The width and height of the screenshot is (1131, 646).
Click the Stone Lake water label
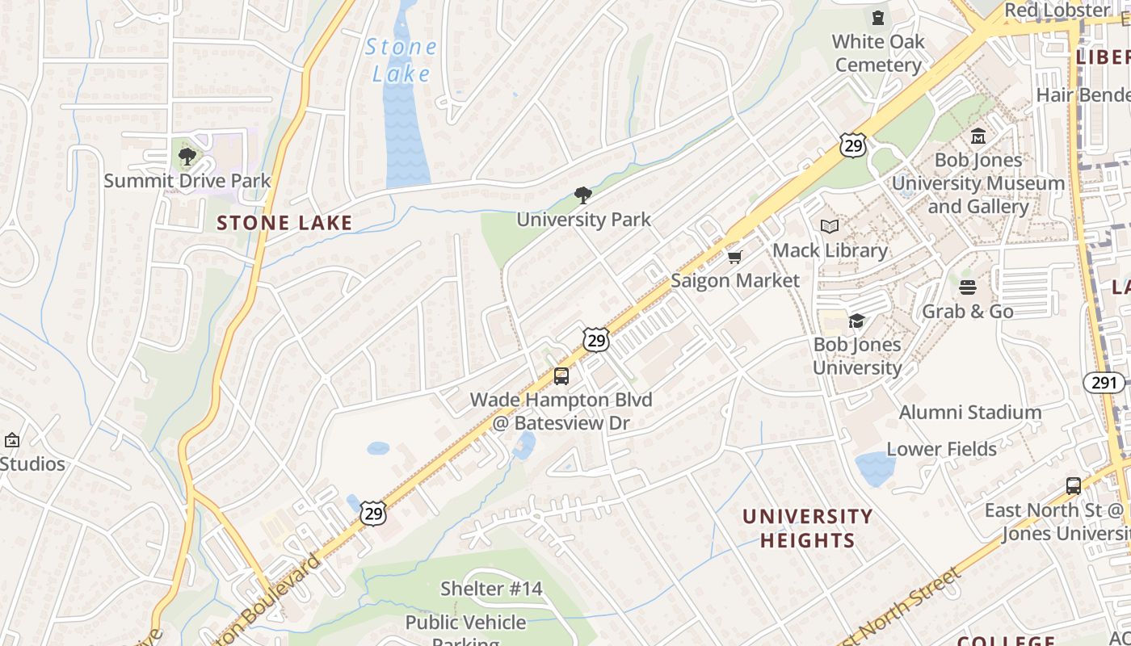(401, 61)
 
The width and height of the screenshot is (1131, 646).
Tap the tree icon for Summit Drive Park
(187, 156)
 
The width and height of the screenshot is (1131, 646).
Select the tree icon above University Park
(582, 195)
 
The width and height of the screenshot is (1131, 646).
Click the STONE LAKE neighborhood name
(284, 223)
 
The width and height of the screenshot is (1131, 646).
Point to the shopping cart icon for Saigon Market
(734, 257)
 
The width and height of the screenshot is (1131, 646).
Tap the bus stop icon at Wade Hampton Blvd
(561, 375)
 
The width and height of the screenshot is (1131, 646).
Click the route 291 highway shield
(1104, 382)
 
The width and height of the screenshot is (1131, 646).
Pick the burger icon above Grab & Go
(968, 287)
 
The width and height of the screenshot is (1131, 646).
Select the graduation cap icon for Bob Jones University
(856, 321)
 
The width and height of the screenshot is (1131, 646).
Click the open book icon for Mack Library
(830, 227)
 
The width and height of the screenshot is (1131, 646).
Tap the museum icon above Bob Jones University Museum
(978, 136)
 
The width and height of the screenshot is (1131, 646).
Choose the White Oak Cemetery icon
(878, 18)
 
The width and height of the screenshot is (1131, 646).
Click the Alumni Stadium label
(969, 413)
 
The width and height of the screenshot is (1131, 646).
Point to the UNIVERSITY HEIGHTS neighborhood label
(807, 528)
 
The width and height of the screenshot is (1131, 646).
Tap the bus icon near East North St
(1074, 486)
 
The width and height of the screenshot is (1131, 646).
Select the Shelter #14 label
(491, 589)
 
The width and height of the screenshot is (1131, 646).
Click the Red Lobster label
(1057, 10)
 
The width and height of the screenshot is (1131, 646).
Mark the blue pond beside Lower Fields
(874, 468)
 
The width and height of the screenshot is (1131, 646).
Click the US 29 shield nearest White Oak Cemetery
(852, 145)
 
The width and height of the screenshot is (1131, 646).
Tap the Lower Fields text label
(941, 449)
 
